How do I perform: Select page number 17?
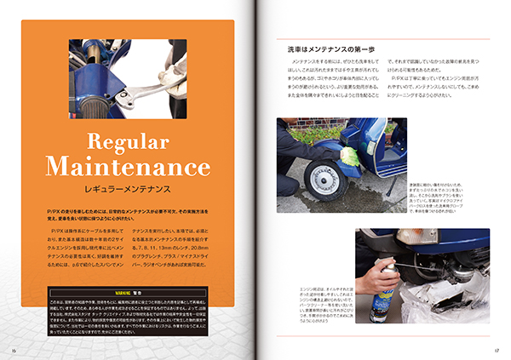tap(496, 349)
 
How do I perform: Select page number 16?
tap(14, 349)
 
